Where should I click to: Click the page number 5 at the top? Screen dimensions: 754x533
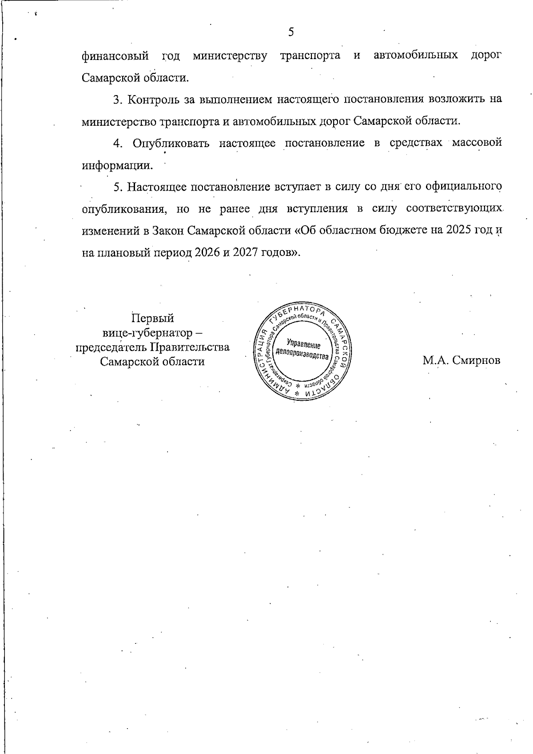coord(291,32)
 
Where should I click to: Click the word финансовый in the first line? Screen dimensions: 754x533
coord(115,56)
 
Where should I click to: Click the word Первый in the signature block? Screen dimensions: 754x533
coord(152,319)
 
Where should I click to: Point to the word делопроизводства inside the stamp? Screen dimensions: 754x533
coord(302,355)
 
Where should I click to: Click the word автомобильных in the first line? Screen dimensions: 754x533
coord(416,56)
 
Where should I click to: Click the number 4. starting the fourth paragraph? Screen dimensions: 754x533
coord(118,143)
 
